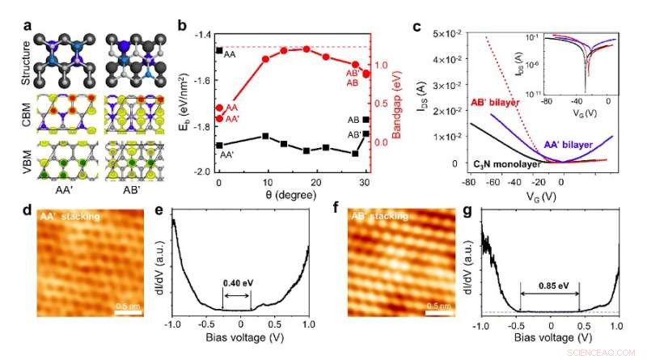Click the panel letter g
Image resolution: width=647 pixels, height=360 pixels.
coord(476,214)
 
